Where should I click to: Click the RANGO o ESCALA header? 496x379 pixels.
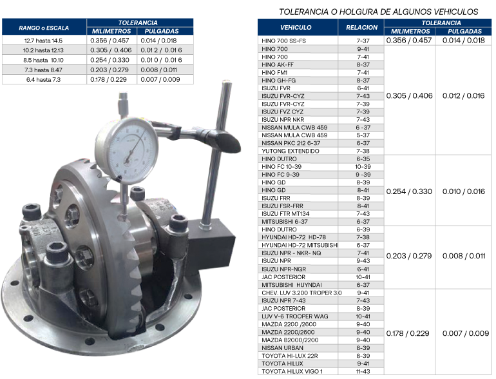click(x=44, y=28)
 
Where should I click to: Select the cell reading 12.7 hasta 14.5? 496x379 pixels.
click(x=43, y=41)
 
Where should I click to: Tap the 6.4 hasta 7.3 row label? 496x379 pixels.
click(x=43, y=80)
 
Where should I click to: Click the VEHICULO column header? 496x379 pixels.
click(x=296, y=28)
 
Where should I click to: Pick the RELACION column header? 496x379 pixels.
click(x=361, y=28)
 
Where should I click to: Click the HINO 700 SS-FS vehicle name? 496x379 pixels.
click(x=283, y=41)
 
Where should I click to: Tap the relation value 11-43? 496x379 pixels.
click(x=363, y=371)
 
